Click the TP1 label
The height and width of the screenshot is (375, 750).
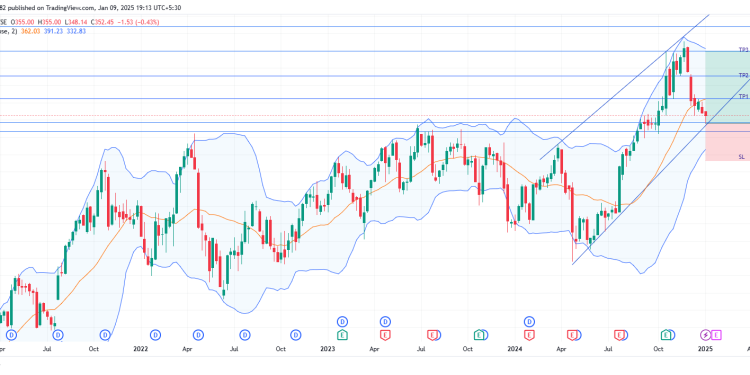pyautogui.click(x=743, y=96)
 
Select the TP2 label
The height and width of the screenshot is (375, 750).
pyautogui.click(x=743, y=75)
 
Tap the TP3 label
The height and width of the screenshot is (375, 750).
pyautogui.click(x=743, y=49)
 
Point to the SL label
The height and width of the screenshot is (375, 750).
pyautogui.click(x=741, y=158)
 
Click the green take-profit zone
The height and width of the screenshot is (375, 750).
pyautogui.click(x=727, y=82)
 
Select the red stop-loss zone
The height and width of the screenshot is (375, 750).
pyautogui.click(x=727, y=140)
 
